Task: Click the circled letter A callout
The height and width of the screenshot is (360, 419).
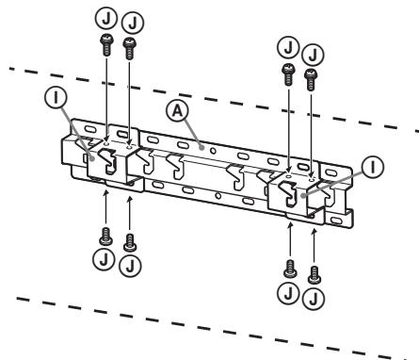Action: [x=178, y=111]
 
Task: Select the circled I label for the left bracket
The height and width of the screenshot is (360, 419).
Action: [x=56, y=97]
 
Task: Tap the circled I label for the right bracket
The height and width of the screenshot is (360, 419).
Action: [x=373, y=167]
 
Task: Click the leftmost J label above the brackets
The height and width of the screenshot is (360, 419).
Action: [x=106, y=19]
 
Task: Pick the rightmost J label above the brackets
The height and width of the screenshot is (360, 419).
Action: [x=313, y=55]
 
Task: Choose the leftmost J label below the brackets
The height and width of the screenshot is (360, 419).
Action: [x=104, y=259]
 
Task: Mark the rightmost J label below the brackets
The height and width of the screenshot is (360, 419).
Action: [x=314, y=298]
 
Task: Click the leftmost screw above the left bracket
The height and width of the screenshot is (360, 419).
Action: [x=106, y=45]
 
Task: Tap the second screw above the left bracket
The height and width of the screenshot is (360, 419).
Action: [x=129, y=48]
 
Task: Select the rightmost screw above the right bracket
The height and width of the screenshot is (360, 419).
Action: [x=311, y=80]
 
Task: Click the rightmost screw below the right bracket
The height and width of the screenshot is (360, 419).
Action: [x=314, y=275]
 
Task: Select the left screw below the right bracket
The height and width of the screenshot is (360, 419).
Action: [x=290, y=269]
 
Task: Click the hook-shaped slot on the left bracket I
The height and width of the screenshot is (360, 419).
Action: [x=107, y=160]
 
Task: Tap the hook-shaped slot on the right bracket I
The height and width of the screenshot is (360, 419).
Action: [x=288, y=194]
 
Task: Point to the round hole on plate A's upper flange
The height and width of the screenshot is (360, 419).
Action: [x=213, y=151]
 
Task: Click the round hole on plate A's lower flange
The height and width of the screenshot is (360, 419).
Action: [x=218, y=196]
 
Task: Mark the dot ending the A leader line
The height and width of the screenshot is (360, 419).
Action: [x=202, y=147]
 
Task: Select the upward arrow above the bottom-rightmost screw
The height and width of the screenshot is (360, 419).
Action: [x=314, y=247]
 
